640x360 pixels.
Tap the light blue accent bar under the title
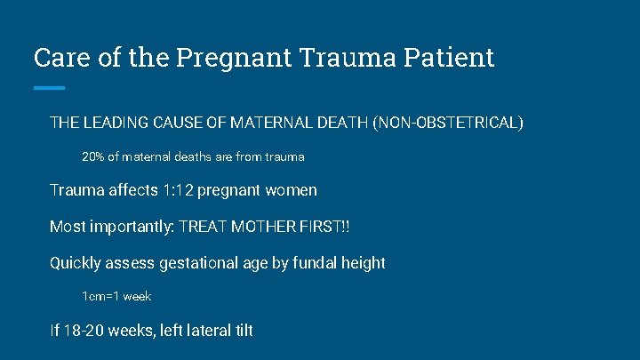49,87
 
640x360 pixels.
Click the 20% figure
92,156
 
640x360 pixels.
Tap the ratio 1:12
178,190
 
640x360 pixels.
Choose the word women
291,190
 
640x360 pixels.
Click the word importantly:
130,227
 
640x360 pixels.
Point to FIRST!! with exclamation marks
327,227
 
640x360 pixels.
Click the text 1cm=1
100,296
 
